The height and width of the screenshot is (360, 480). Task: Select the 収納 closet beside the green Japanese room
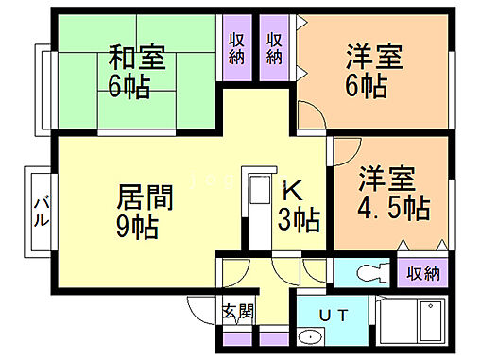click(236, 49)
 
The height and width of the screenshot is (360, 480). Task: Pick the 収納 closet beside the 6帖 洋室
click(275, 49)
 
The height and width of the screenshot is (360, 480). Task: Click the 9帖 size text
click(138, 227)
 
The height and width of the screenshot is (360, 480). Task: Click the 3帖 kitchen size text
click(299, 222)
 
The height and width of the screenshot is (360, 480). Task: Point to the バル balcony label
click(42, 211)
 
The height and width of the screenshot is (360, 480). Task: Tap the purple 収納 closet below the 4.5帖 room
click(424, 274)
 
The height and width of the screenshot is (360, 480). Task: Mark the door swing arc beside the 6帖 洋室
click(312, 120)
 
